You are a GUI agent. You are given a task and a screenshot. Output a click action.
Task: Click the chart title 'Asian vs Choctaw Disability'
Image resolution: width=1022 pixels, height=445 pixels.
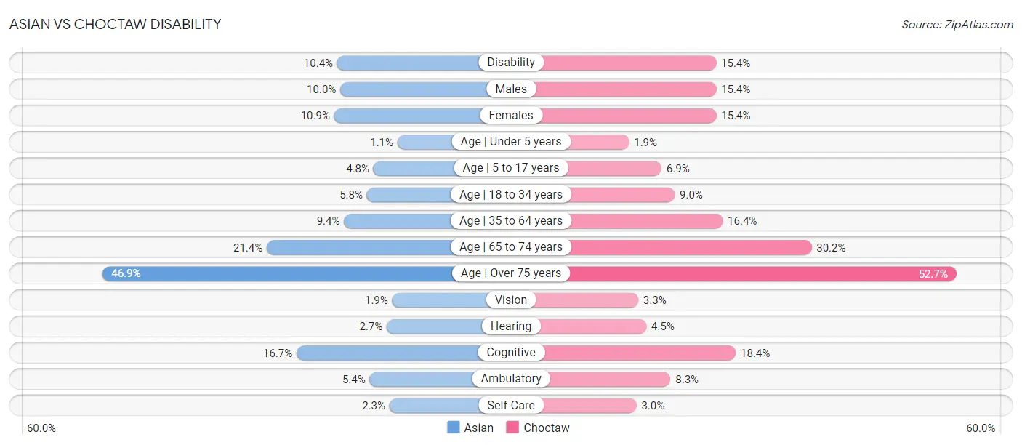click(115, 24)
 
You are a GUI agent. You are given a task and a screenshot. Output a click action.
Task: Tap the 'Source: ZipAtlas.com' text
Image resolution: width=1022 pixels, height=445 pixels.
click(957, 25)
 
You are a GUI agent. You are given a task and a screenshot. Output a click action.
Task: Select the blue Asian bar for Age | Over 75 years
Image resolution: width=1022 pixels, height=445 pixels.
click(277, 273)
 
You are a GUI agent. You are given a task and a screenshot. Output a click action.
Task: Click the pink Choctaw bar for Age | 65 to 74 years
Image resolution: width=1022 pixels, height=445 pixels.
click(691, 247)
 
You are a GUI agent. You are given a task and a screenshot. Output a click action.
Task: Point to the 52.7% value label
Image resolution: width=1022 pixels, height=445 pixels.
click(933, 274)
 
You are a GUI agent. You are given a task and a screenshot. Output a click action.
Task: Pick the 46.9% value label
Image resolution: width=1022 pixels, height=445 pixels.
click(126, 273)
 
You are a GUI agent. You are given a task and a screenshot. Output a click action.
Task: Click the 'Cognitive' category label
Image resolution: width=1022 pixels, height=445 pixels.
click(511, 353)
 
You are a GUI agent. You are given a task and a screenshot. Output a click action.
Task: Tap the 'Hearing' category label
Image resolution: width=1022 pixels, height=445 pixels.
click(511, 326)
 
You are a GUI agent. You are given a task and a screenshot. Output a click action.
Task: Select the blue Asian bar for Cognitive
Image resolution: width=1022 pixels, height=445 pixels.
click(388, 353)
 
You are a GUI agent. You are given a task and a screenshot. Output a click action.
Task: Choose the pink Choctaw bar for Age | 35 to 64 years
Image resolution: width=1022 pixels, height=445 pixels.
click(646, 221)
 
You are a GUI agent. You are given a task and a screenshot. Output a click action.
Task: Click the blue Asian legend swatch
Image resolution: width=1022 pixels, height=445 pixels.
click(453, 428)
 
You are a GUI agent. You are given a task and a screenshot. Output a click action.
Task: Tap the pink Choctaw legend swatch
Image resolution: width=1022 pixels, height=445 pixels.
click(512, 428)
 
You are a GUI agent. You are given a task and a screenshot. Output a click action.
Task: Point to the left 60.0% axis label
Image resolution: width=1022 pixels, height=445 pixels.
click(41, 428)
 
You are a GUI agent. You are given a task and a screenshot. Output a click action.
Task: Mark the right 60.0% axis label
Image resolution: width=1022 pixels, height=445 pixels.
click(981, 428)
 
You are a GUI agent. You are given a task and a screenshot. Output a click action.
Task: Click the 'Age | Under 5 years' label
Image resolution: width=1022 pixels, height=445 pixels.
click(511, 142)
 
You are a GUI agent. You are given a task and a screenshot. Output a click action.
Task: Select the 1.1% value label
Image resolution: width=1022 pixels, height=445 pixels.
click(382, 143)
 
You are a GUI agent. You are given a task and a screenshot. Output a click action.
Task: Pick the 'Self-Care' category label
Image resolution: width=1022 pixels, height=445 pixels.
click(511, 405)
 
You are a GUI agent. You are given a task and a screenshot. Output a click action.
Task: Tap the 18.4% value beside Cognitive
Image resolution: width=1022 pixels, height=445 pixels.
click(755, 353)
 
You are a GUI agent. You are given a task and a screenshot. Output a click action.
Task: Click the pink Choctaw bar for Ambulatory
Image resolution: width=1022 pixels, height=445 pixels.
click(610, 380)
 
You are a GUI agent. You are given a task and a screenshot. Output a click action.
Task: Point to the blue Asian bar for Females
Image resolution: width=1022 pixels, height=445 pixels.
click(407, 116)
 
